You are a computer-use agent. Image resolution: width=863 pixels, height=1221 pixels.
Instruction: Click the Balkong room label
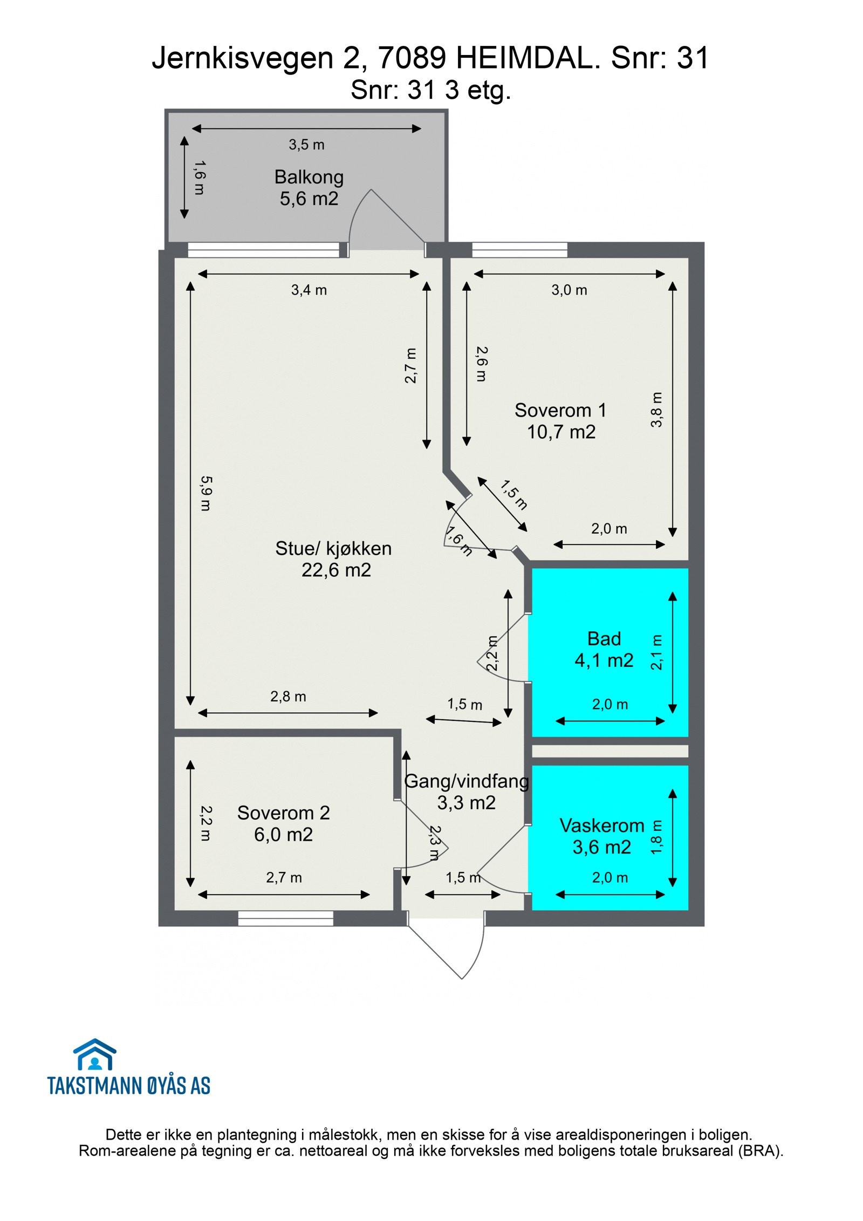(x=309, y=177)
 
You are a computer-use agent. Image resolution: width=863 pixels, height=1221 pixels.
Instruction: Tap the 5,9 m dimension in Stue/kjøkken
(x=206, y=493)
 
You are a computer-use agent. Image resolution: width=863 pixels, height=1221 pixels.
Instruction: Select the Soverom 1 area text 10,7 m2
(x=561, y=432)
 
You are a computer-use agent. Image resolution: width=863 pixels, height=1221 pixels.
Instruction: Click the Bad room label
(x=604, y=638)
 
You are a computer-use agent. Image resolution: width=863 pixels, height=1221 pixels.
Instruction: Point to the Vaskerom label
(x=601, y=825)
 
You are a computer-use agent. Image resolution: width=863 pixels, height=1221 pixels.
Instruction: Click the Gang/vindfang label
(x=466, y=781)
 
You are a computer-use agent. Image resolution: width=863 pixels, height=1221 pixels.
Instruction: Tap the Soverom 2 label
(x=283, y=813)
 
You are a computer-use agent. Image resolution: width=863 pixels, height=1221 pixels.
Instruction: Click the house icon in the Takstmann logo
(x=95, y=1054)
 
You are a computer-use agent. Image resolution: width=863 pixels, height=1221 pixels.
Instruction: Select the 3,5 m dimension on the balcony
(x=306, y=145)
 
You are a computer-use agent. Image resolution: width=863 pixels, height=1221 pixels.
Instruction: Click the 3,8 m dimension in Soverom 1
(x=656, y=410)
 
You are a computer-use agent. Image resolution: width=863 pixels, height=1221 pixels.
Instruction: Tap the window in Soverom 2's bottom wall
(x=285, y=918)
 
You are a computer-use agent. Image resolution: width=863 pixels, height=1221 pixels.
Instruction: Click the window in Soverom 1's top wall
(x=519, y=250)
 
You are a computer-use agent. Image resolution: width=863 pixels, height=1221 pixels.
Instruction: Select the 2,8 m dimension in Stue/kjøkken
(x=288, y=697)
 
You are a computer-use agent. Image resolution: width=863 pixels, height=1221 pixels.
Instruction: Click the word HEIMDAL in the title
(x=528, y=58)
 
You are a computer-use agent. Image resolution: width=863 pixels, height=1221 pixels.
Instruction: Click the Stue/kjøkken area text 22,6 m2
(x=336, y=570)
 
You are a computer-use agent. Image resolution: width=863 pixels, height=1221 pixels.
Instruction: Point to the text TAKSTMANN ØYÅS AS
(x=129, y=1086)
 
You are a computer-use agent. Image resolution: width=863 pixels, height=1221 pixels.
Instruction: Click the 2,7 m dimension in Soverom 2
(x=284, y=877)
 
